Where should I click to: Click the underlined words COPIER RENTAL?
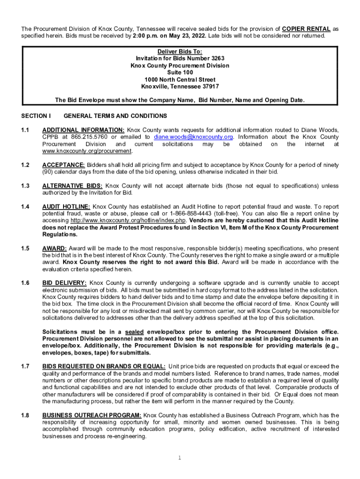coord(306,29)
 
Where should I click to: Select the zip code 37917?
coord(209,87)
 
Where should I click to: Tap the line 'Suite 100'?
coord(180,73)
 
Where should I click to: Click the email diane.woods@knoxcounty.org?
coord(194,137)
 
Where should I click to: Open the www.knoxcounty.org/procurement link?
coord(87,151)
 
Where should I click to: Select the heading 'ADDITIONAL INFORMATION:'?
coord(83,130)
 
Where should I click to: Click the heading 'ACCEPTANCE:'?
coord(64,165)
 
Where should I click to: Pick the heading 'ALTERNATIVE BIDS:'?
coord(72,186)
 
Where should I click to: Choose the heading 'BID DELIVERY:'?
coord(65,283)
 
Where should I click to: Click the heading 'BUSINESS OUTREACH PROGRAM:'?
coord(92,415)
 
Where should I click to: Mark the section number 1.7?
coord(25,366)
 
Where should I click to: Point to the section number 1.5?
coord(25,248)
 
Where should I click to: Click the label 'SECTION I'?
coord(36,116)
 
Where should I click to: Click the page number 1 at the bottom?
coord(180,457)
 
